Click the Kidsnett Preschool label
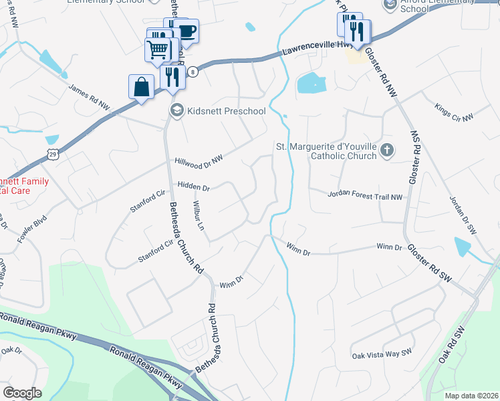[x=227, y=111]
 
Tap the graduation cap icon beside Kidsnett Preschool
[x=177, y=111]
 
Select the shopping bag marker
[x=141, y=87]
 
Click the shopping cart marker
[x=158, y=49]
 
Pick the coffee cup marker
[x=186, y=30]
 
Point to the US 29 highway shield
[x=53, y=154]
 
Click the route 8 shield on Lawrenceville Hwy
[x=193, y=72]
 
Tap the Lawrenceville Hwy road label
[x=307, y=49]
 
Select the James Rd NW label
[x=88, y=96]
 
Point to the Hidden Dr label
[x=194, y=185]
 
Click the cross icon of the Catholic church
[x=386, y=151]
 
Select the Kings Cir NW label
[x=453, y=112]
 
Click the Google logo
[x=23, y=393]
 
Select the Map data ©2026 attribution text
[x=471, y=395]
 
